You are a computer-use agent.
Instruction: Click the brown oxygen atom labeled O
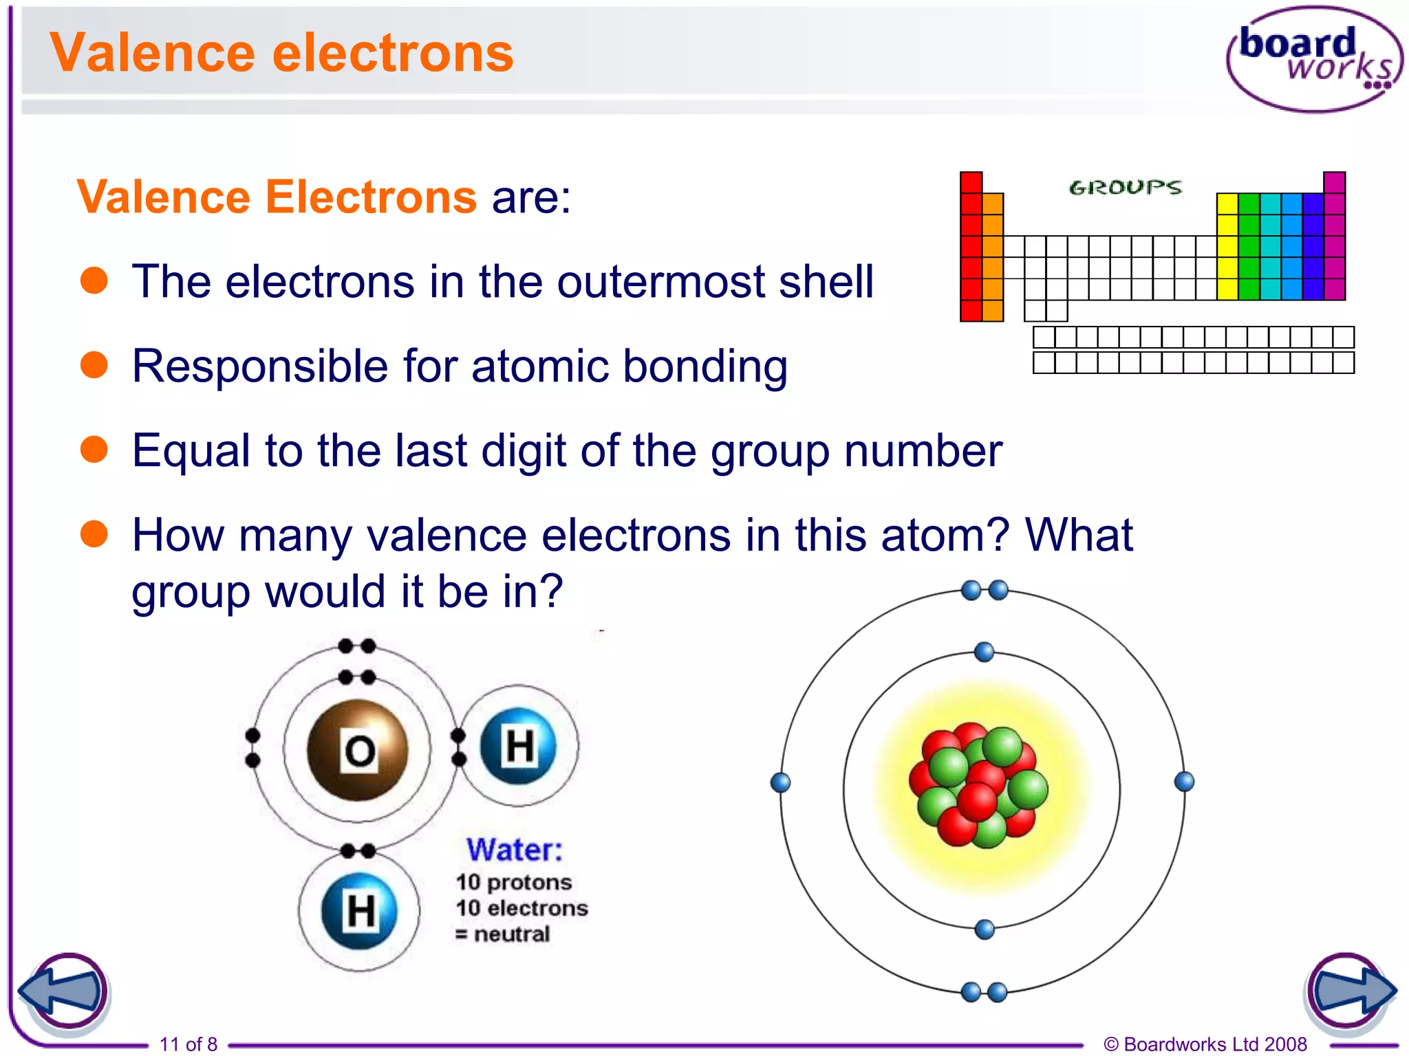pyautogui.click(x=357, y=750)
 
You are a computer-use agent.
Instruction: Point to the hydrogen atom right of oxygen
pyautogui.click(x=519, y=746)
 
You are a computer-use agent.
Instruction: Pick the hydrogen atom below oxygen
pyautogui.click(x=359, y=911)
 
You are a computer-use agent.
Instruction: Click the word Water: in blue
pyautogui.click(x=514, y=850)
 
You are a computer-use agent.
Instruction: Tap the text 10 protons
pyautogui.click(x=513, y=882)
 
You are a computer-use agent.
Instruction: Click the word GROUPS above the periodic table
pyautogui.click(x=1125, y=187)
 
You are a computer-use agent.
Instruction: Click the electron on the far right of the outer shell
pyautogui.click(x=1184, y=782)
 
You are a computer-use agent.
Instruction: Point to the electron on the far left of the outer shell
pyautogui.click(x=780, y=782)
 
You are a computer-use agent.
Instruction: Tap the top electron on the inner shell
pyautogui.click(x=985, y=652)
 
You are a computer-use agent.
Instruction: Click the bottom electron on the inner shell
pyautogui.click(x=985, y=929)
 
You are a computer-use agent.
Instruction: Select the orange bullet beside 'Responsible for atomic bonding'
pyautogui.click(x=94, y=365)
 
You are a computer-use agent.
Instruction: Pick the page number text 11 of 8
pyautogui.click(x=189, y=1044)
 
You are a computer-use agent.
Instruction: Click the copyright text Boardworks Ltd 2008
pyautogui.click(x=1214, y=1044)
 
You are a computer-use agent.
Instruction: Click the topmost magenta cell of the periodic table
pyautogui.click(x=1334, y=182)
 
